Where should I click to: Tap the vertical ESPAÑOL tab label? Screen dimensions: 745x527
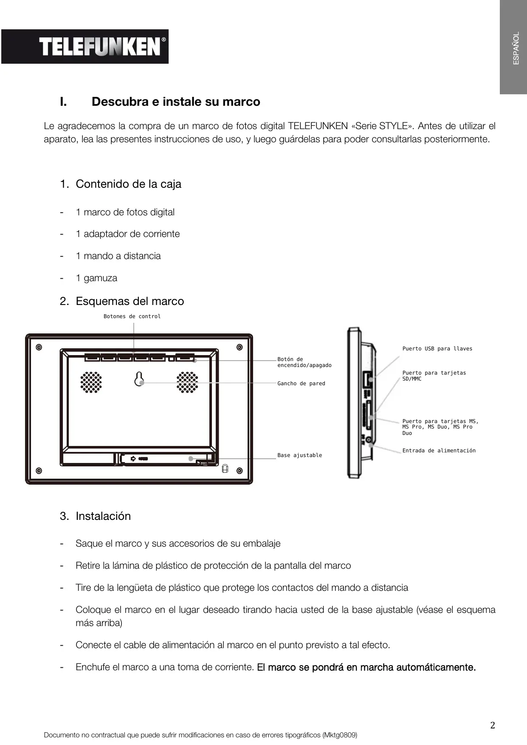[516, 48]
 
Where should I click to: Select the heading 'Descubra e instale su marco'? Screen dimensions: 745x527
[176, 102]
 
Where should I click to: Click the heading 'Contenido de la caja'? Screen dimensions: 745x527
[128, 184]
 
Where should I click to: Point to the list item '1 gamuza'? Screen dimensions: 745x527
[96, 278]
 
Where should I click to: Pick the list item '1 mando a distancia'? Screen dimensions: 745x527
[118, 256]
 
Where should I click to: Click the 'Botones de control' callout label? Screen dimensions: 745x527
[132, 316]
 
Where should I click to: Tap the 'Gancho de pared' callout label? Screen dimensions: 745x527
[301, 384]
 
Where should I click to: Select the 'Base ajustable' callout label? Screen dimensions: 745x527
[299, 455]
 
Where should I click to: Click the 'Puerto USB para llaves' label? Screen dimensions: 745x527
[437, 349]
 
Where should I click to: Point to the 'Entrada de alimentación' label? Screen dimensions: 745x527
[439, 451]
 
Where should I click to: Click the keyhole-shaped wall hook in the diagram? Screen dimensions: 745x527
[139, 379]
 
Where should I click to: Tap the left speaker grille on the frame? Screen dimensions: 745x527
[91, 382]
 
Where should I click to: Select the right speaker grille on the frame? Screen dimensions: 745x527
[187, 382]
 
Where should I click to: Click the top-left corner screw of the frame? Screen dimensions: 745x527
[39, 347]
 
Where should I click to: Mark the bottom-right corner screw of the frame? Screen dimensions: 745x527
[240, 471]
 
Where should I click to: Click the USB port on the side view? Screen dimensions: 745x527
[366, 379]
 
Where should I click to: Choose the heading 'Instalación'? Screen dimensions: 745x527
[103, 516]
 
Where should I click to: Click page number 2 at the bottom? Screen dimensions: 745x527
[492, 725]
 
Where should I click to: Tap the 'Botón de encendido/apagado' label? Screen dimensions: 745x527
[304, 362]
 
